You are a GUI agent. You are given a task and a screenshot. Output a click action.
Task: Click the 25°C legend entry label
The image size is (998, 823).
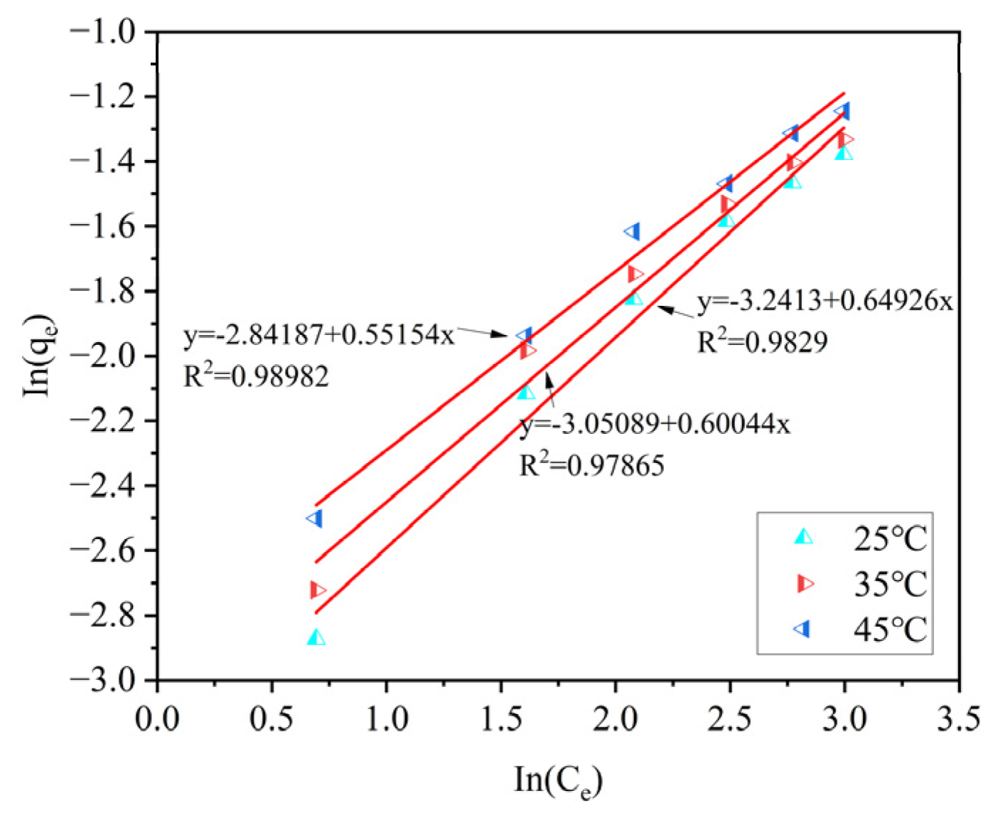890,538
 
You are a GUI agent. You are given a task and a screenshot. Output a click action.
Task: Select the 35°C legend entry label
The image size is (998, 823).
890,584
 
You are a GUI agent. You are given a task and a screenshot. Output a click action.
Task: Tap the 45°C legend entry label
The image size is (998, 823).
890,630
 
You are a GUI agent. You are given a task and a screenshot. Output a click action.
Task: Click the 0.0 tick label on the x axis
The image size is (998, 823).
157,718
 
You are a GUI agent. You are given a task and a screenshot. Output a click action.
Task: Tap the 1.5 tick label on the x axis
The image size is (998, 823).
501,718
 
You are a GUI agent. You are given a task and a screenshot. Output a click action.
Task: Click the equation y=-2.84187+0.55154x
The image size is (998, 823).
318,334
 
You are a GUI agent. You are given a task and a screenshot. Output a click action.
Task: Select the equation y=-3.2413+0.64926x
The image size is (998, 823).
825,301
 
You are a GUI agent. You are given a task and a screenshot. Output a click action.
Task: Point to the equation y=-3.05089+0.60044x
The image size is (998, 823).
655,424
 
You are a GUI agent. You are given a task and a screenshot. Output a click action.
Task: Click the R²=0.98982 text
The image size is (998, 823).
256,376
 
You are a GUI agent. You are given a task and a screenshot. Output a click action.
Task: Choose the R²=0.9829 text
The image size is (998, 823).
762,342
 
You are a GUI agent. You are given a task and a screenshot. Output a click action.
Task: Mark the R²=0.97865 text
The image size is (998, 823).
591,466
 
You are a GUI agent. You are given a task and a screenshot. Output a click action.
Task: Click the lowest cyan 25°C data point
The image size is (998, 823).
316,637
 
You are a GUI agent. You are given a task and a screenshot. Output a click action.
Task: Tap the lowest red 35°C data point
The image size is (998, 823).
317,590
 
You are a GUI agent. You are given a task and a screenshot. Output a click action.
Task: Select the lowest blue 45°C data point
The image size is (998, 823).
315,518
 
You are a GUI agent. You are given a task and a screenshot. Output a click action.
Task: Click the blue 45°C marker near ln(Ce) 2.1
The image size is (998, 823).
632,232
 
